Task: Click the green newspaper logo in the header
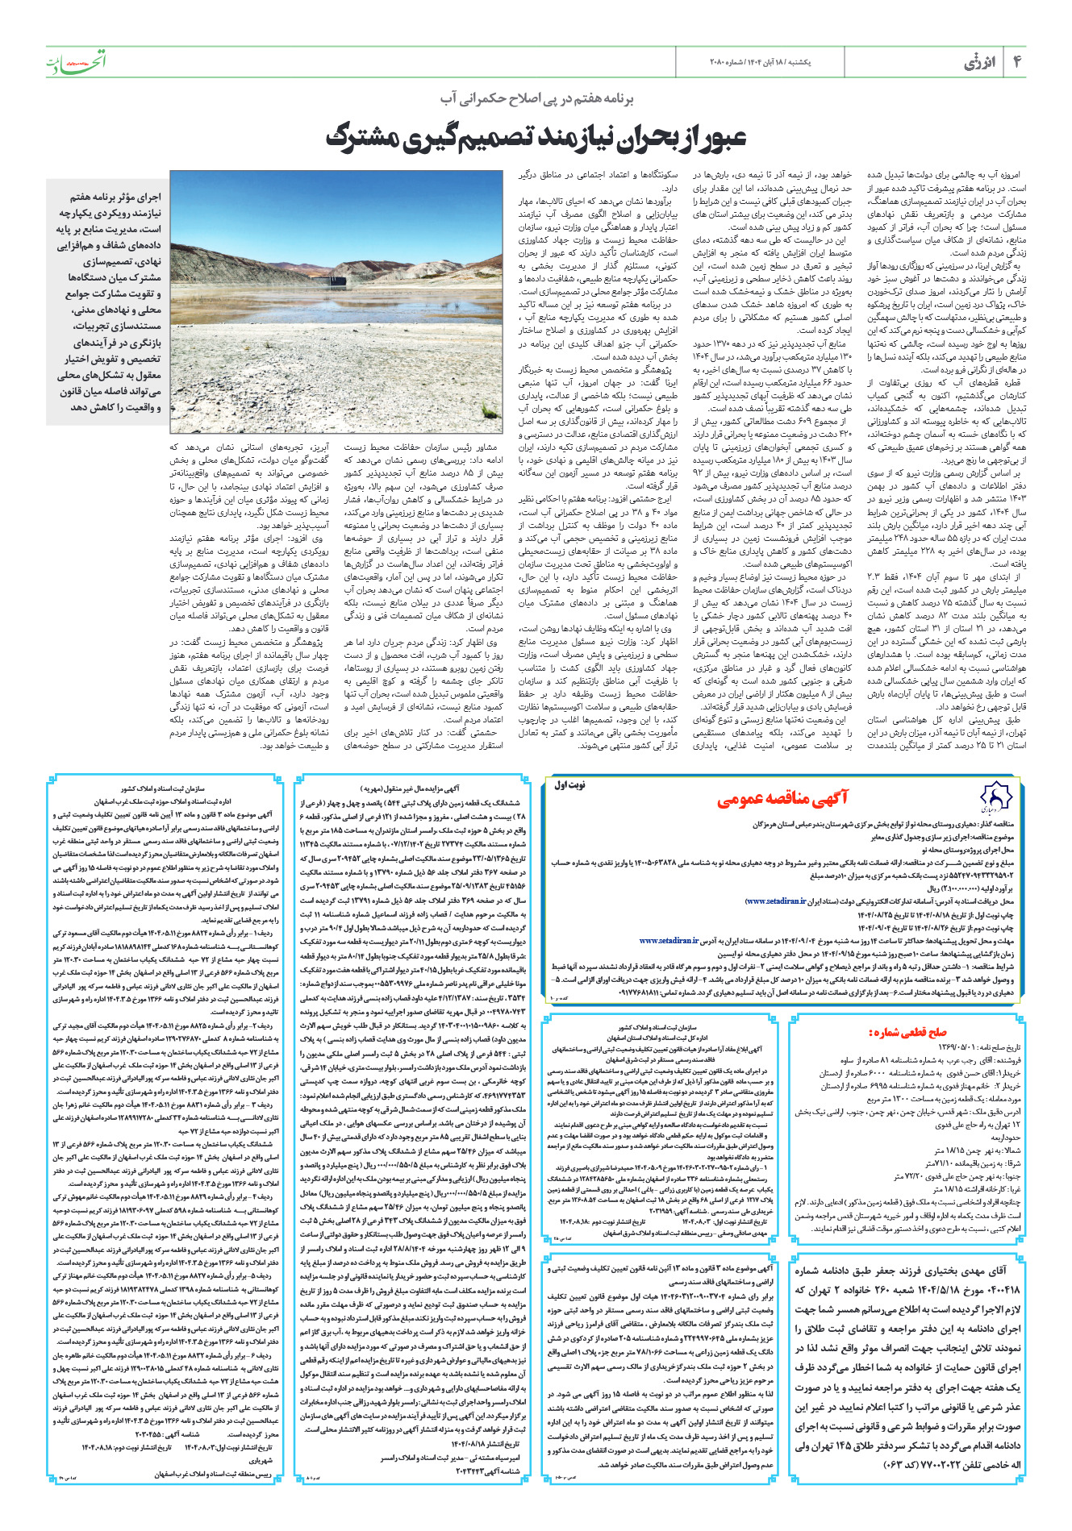(76, 61)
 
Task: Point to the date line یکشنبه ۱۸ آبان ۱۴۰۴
(778, 62)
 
